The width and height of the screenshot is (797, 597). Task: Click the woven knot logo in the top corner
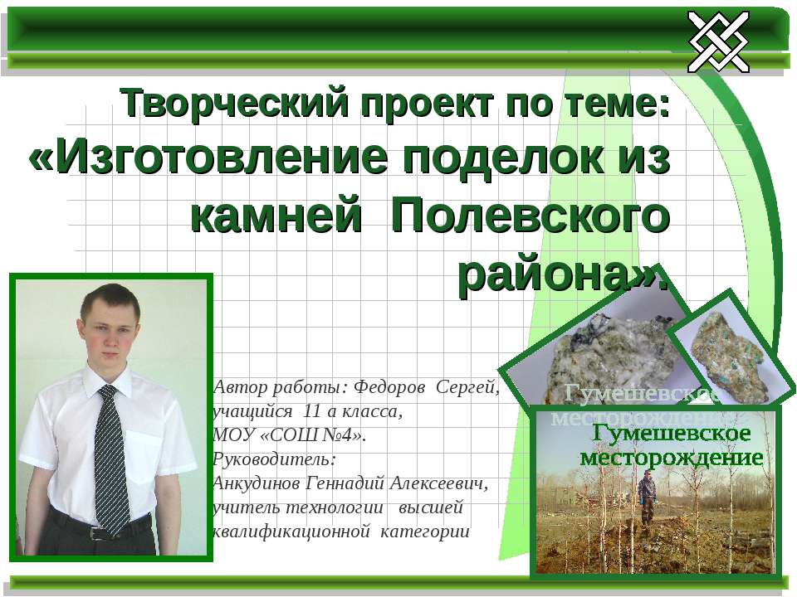(x=718, y=41)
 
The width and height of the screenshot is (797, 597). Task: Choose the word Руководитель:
(x=275, y=459)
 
